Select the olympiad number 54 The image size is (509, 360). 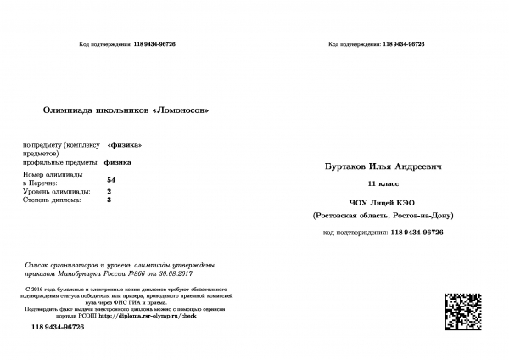click(x=112, y=181)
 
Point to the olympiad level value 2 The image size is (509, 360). click(x=109, y=191)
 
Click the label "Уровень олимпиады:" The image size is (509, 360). click(x=57, y=191)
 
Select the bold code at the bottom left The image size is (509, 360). click(x=58, y=327)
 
